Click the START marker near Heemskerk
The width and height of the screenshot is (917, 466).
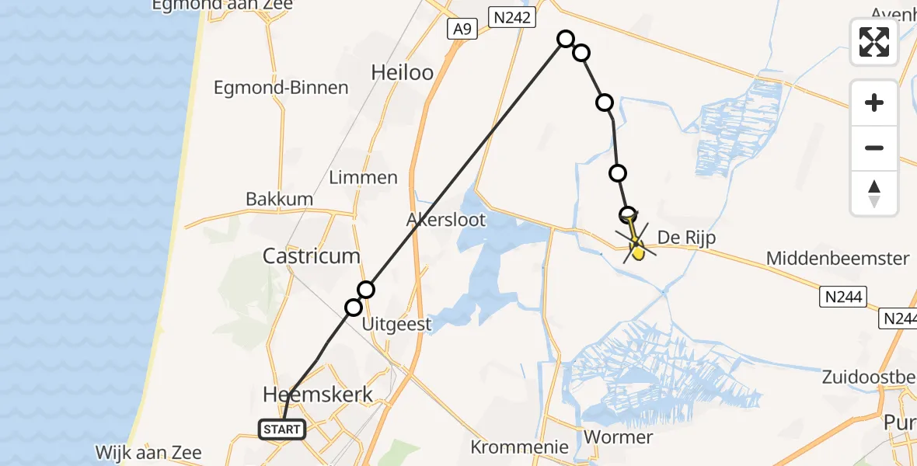281,429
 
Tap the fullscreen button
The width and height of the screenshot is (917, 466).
874,42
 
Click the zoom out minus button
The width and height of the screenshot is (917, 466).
874,148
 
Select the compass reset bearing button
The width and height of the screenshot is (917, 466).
874,193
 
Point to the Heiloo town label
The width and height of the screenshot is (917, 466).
402,72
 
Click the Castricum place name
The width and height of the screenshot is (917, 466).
312,256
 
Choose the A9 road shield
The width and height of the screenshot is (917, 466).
462,30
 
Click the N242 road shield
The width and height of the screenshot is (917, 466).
512,16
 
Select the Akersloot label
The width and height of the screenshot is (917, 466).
446,220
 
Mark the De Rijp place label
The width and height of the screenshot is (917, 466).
686,238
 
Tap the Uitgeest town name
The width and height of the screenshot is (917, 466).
397,324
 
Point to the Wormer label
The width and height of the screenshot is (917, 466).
618,436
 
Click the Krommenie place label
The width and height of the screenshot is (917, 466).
519,447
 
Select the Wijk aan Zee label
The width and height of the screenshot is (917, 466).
148,452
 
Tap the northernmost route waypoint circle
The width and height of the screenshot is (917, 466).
566,39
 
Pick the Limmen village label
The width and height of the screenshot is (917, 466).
363,177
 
